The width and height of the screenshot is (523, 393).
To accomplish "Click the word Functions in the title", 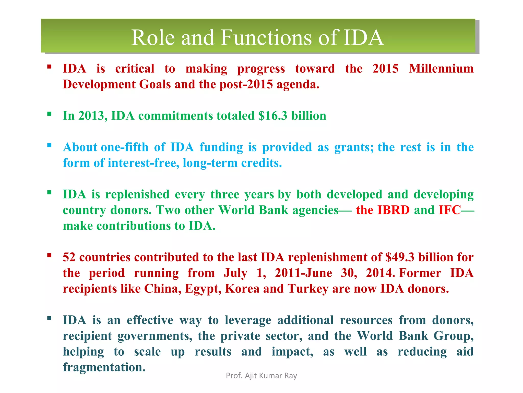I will [x=266, y=38].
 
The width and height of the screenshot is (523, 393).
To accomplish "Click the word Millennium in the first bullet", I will [x=441, y=69].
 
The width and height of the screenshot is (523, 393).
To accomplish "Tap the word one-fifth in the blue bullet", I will [x=125, y=147].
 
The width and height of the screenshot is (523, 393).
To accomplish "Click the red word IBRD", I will [x=393, y=210].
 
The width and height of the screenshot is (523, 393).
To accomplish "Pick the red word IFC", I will [x=449, y=210].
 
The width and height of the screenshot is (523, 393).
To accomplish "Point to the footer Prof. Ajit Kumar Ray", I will [x=261, y=376].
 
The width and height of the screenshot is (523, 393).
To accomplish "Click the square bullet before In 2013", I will [x=49, y=114].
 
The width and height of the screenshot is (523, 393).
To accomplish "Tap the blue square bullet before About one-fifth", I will [x=49, y=146].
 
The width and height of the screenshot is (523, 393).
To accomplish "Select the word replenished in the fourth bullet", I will [x=137, y=194].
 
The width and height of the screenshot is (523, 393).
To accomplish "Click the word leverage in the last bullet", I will [x=248, y=320].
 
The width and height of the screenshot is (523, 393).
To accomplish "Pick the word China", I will [x=162, y=289].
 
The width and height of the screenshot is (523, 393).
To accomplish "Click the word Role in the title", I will [x=153, y=38].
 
